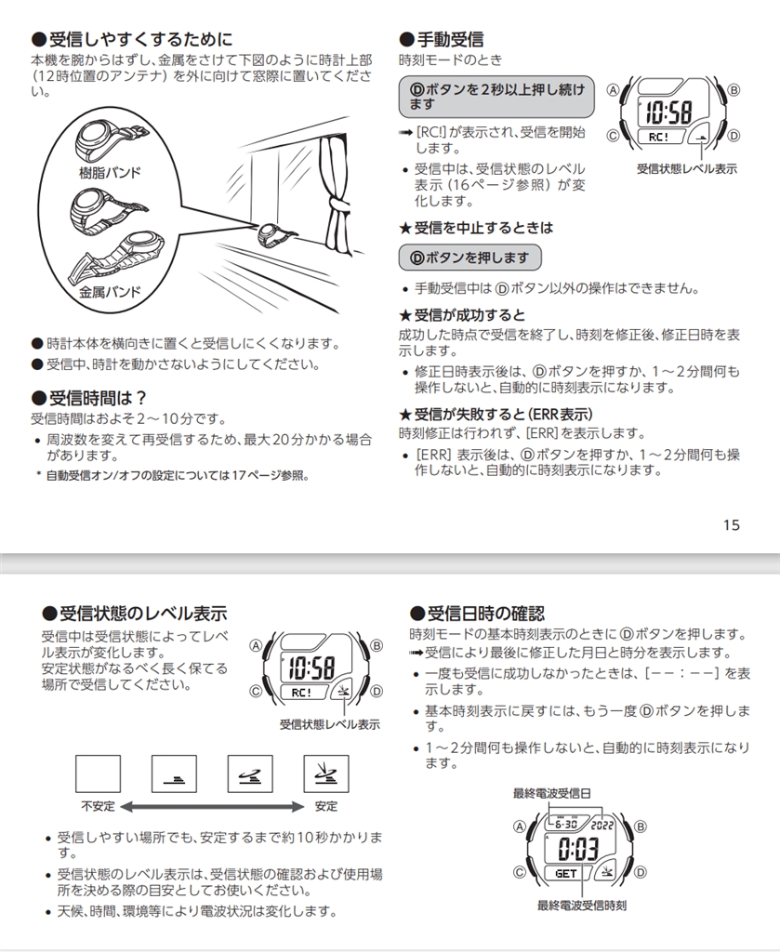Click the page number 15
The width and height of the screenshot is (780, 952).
pyautogui.click(x=731, y=525)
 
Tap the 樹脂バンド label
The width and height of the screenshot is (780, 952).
pyautogui.click(x=110, y=174)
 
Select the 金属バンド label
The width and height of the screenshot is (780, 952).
pyautogui.click(x=110, y=292)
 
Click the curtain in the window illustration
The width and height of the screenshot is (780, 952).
pyautogui.click(x=333, y=195)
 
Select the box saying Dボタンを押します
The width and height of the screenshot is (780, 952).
pyautogui.click(x=469, y=258)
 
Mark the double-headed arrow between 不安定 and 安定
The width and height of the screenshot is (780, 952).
pyautogui.click(x=212, y=805)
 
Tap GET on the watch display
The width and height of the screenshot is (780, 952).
pyautogui.click(x=566, y=873)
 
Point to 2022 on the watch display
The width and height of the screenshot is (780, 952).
pyautogui.click(x=603, y=824)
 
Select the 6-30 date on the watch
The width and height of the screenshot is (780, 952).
pyautogui.click(x=564, y=824)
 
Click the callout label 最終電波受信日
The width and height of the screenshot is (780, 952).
pyautogui.click(x=552, y=793)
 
